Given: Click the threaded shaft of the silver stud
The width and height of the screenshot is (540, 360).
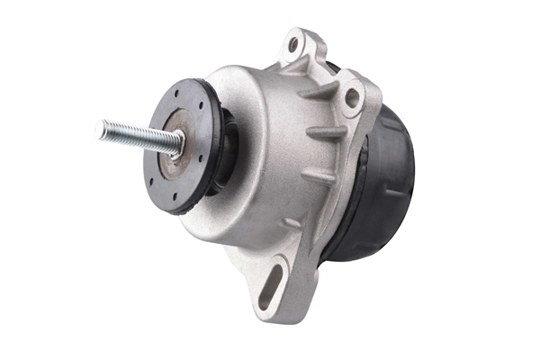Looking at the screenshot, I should click(x=135, y=135).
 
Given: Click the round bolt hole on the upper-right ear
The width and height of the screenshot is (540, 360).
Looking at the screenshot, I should click(x=352, y=95).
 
